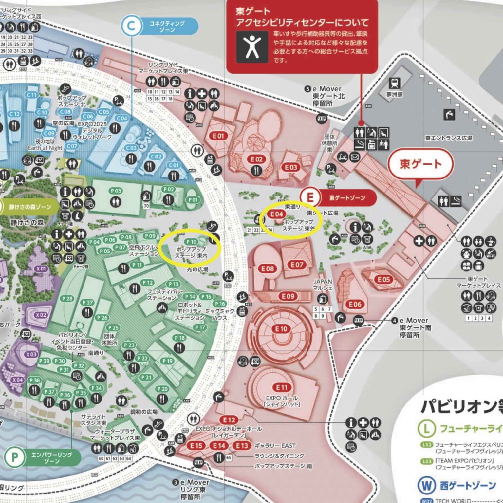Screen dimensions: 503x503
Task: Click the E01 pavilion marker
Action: [x=218, y=136]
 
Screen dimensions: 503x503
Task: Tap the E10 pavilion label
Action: [x=281, y=329]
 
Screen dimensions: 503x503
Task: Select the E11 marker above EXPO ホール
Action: [x=281, y=388]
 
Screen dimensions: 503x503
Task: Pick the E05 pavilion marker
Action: [x=383, y=279]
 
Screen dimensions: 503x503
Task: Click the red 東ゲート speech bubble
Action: [x=420, y=164]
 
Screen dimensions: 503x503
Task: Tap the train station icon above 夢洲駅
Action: [x=394, y=83]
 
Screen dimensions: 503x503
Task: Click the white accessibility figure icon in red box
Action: [x=252, y=47]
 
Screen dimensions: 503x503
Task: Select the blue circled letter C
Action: [x=131, y=26]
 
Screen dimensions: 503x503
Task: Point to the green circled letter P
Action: [x=15, y=457]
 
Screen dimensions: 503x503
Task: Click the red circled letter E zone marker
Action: [x=310, y=197]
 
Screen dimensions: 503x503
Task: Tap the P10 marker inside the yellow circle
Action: [x=192, y=242]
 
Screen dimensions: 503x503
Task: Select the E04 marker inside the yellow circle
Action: [x=276, y=214]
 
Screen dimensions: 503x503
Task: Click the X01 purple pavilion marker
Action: [x=41, y=269]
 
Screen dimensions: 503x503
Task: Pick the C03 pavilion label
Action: [x=131, y=148]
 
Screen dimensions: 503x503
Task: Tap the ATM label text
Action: [x=367, y=248]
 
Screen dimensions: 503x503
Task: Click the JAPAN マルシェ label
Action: [x=323, y=285]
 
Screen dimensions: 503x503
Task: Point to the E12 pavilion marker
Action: [x=229, y=420]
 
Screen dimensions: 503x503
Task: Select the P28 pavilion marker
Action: [x=67, y=299]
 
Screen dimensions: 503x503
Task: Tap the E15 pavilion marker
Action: [x=196, y=446]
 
